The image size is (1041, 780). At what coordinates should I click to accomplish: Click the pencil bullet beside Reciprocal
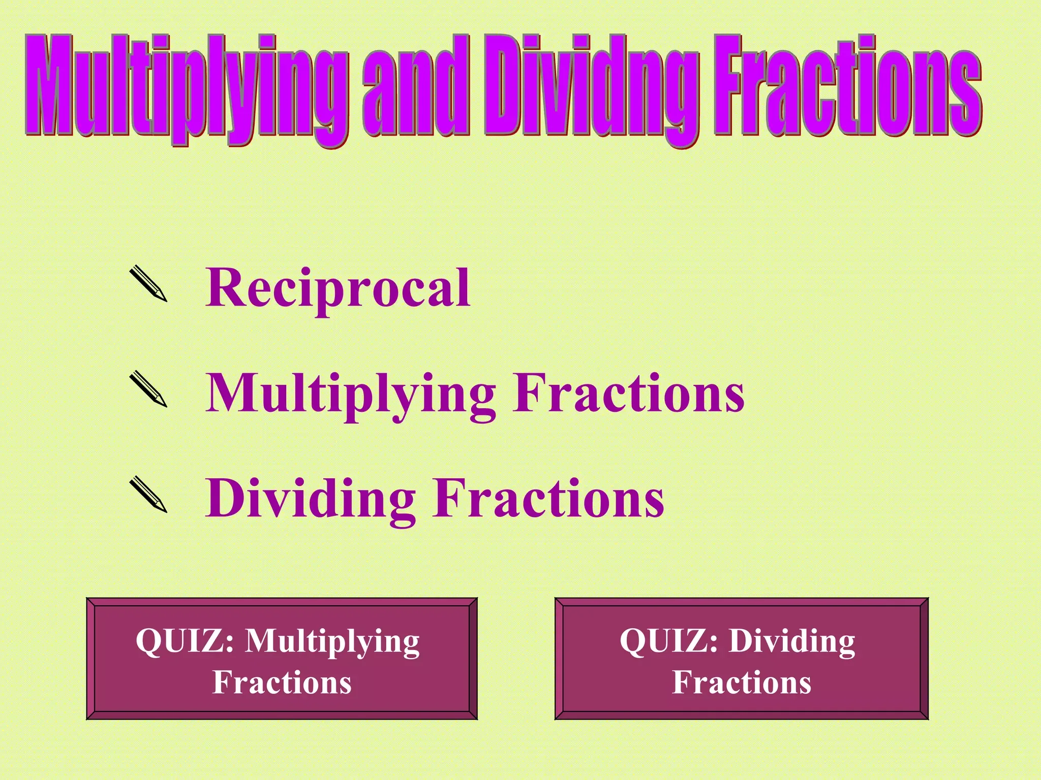(x=148, y=284)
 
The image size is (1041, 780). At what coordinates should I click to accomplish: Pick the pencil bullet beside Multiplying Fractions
(x=148, y=389)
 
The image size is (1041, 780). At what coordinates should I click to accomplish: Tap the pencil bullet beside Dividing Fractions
(x=148, y=495)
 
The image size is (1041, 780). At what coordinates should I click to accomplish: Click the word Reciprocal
(x=338, y=288)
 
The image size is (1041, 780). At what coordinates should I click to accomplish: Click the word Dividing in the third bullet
(x=311, y=499)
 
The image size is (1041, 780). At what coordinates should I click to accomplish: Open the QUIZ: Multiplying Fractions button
(x=282, y=659)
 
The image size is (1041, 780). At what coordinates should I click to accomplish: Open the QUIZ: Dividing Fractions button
(x=742, y=659)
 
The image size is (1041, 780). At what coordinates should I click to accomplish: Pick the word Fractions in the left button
(x=282, y=682)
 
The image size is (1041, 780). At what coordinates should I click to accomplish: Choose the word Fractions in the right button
(x=742, y=682)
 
